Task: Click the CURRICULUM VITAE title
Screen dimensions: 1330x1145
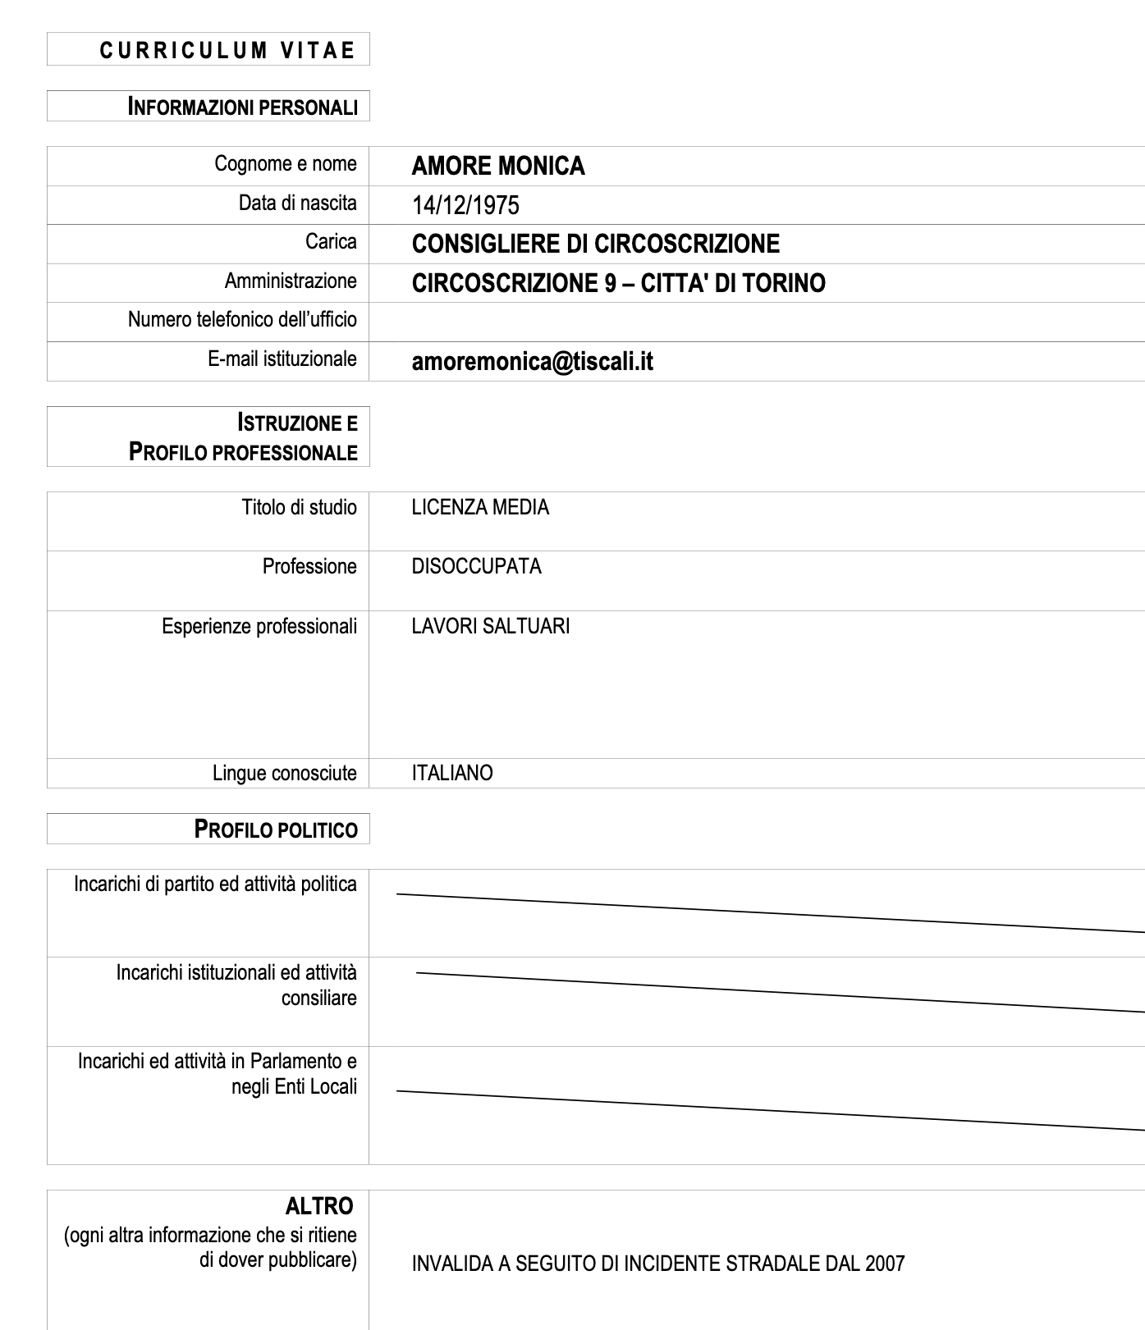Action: [227, 50]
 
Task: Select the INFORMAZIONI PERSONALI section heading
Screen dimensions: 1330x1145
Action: [243, 107]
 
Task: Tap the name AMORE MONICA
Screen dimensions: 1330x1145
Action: [498, 167]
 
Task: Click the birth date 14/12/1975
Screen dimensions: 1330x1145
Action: [465, 205]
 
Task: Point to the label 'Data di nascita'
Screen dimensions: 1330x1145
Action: [297, 203]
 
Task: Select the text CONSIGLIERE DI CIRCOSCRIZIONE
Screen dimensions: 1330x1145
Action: [596, 244]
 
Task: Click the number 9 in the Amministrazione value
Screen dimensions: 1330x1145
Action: [609, 283]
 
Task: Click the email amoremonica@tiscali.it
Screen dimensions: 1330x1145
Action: [532, 362]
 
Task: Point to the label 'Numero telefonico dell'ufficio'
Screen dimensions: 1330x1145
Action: [242, 319]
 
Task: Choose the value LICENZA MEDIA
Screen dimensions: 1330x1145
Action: [480, 508]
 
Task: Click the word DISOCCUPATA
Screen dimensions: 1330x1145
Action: [476, 567]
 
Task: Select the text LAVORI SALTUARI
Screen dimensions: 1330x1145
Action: [491, 627]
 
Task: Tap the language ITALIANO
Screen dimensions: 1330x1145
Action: [452, 774]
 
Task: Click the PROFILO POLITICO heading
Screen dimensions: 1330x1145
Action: [276, 830]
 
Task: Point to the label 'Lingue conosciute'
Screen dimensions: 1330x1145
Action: [284, 774]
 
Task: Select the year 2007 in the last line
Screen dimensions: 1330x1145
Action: [884, 1264]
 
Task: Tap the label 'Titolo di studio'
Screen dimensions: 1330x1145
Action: [299, 508]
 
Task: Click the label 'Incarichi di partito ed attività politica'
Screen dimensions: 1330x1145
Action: [215, 884]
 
